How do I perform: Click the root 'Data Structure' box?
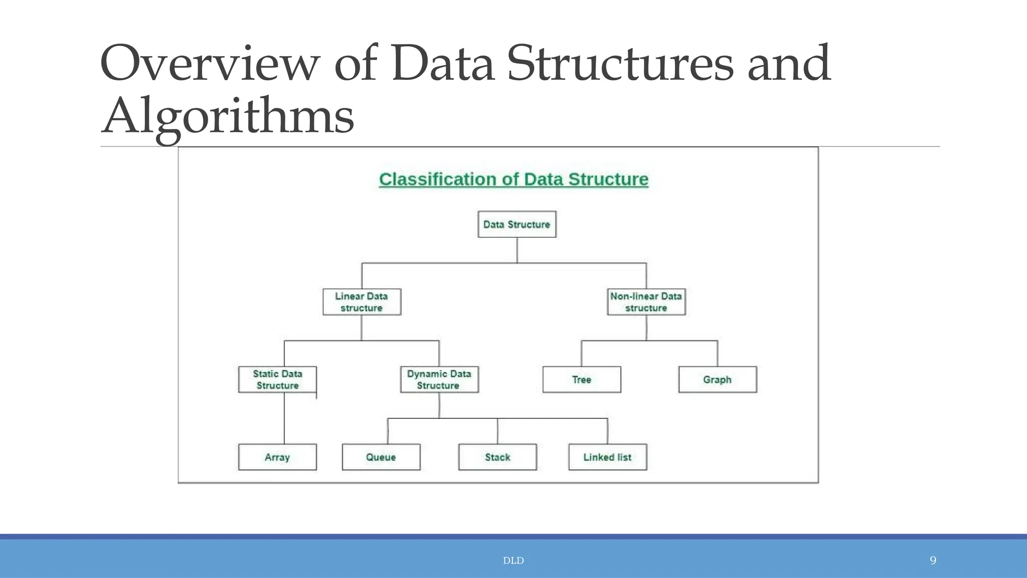click(x=517, y=224)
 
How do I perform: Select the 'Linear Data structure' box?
click(x=362, y=302)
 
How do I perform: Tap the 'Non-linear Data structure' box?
click(x=646, y=302)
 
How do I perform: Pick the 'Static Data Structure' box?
click(x=277, y=380)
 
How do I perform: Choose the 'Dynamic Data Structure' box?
click(x=439, y=380)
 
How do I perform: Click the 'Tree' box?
click(x=582, y=380)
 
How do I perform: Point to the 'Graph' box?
click(x=717, y=380)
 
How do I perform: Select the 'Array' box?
click(x=277, y=457)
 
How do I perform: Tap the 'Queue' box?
click(x=381, y=457)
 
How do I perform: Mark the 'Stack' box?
click(x=497, y=457)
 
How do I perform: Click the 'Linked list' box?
click(x=607, y=457)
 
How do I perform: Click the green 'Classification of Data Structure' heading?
click(x=513, y=179)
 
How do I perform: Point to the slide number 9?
click(x=933, y=560)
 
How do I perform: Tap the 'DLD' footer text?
click(x=513, y=560)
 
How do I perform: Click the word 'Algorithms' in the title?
click(x=228, y=116)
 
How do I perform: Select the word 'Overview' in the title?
click(x=210, y=64)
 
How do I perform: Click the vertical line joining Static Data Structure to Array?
click(x=284, y=418)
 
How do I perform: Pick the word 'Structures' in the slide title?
click(x=620, y=64)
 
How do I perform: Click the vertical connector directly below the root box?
click(x=517, y=250)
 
